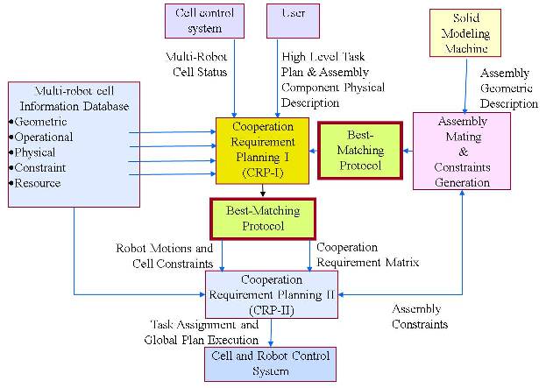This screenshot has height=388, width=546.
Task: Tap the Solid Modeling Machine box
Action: click(464, 33)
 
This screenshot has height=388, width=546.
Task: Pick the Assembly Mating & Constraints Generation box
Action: click(461, 151)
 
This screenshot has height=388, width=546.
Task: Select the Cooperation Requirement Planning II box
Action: click(271, 294)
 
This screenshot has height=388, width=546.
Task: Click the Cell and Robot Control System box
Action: click(270, 363)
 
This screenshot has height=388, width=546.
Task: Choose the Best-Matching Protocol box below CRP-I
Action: click(262, 218)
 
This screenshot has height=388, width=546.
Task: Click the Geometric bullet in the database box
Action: click(40, 122)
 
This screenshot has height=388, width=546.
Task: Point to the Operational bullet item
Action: click(43, 137)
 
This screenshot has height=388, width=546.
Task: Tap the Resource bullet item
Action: click(38, 183)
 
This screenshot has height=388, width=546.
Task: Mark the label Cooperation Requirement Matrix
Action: click(367, 255)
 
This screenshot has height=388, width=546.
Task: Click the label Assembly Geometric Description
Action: click(508, 88)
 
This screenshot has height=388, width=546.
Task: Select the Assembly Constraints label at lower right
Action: click(420, 316)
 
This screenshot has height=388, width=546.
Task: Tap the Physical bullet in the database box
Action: click(36, 152)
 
